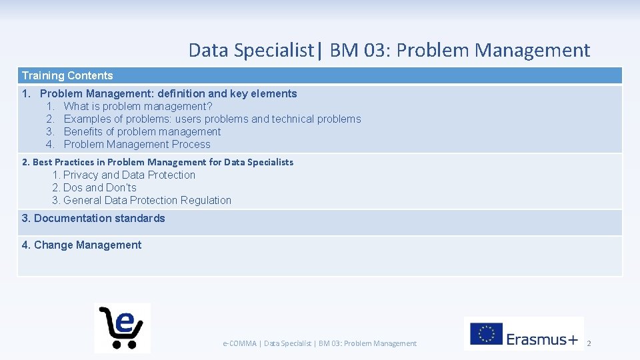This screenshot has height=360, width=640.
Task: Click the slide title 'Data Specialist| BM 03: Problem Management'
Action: click(x=389, y=50)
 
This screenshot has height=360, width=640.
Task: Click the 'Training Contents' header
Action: click(x=67, y=76)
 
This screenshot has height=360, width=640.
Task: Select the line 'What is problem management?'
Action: click(x=138, y=107)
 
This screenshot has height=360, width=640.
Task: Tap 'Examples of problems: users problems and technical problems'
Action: click(x=212, y=119)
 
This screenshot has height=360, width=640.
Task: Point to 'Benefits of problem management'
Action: click(x=142, y=132)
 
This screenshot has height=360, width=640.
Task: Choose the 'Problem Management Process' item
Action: click(x=137, y=145)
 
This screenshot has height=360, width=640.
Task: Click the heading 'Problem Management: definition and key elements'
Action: click(x=168, y=94)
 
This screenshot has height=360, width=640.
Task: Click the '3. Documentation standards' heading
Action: click(x=93, y=219)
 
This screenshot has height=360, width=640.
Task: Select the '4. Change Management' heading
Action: click(x=81, y=245)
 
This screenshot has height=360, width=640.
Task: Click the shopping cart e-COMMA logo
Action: click(x=122, y=327)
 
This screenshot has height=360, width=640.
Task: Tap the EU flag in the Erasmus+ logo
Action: click(x=486, y=333)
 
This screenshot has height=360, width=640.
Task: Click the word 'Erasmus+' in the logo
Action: click(x=542, y=339)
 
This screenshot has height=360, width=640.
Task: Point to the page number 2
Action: click(x=589, y=343)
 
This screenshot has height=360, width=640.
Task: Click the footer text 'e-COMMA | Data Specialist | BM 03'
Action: click(x=319, y=343)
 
